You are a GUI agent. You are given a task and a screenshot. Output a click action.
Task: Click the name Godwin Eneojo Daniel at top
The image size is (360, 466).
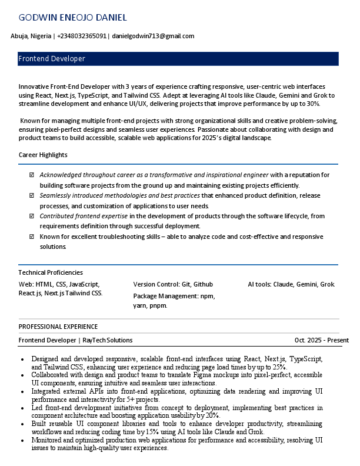pos(72,18)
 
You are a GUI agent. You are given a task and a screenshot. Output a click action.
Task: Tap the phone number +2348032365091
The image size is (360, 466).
pos(82,36)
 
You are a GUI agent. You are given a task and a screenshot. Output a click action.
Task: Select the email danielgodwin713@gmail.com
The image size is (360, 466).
pos(153,36)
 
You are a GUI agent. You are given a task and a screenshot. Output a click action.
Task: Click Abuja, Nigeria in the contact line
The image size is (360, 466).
pos(31,36)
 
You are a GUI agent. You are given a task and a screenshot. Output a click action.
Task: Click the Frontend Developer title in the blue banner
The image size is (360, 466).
pos(52,59)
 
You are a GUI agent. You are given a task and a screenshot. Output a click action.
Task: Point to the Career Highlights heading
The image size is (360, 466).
pos(43,155)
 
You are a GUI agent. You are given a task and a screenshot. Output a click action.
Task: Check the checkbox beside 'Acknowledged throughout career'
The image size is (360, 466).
pos(32,175)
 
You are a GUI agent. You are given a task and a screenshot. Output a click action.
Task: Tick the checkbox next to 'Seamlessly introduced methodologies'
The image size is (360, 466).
pos(32,195)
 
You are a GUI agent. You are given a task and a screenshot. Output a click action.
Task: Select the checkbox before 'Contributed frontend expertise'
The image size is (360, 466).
pos(32,216)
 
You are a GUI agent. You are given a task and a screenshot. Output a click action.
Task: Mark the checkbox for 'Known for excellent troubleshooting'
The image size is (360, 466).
pos(32,237)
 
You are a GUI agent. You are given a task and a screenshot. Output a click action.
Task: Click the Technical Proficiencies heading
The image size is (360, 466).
pos(51,272)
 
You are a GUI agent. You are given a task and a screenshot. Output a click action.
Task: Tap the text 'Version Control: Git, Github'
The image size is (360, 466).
pos(173,284)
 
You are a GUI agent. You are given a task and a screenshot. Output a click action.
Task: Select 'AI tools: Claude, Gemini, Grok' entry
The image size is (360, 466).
pos(291,284)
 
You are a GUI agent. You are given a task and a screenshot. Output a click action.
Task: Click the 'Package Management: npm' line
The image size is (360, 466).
pos(174,296)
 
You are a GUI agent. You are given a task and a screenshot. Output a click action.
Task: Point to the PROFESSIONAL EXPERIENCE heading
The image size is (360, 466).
pos(58,327)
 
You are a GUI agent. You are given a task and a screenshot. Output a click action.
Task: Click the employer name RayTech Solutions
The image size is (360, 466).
pos(108,340)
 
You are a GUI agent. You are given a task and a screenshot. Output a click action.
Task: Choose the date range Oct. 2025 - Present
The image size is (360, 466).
pos(322,340)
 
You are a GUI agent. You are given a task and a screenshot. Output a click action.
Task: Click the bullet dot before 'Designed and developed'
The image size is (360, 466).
pos(22,359)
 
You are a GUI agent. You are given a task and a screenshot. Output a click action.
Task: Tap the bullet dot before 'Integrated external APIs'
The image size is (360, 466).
pos(22,391)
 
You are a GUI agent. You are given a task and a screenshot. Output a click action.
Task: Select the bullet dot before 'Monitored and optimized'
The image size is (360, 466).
pos(22,440)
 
